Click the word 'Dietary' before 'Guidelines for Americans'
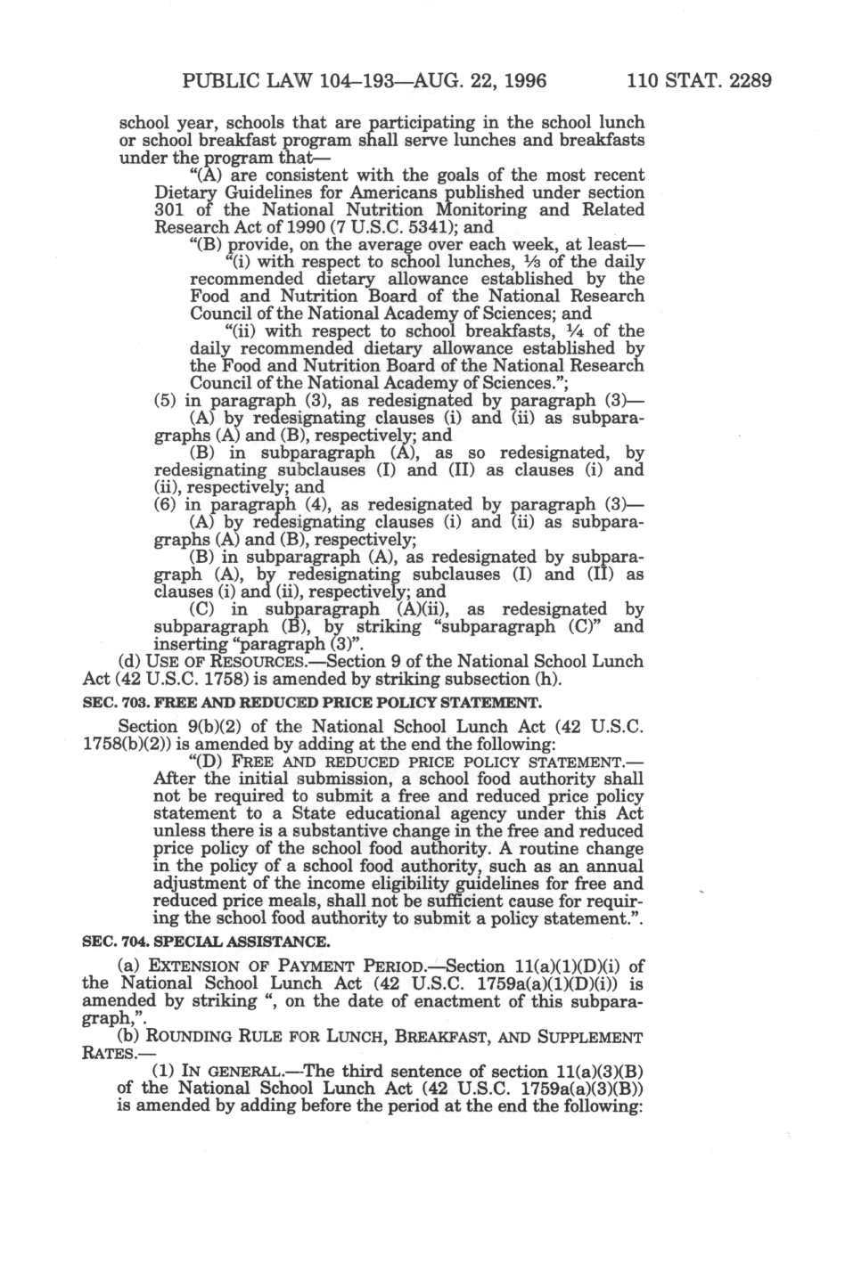point(185,192)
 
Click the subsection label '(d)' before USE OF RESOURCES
point(129,662)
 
